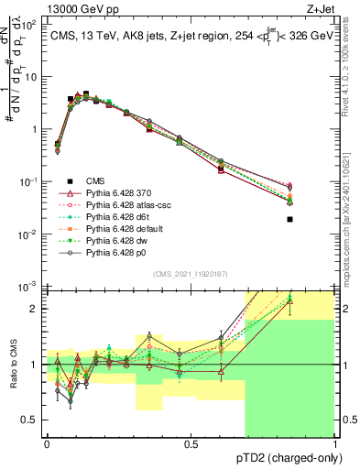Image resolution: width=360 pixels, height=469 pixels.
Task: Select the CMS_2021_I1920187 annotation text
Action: pyautogui.click(x=191, y=274)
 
